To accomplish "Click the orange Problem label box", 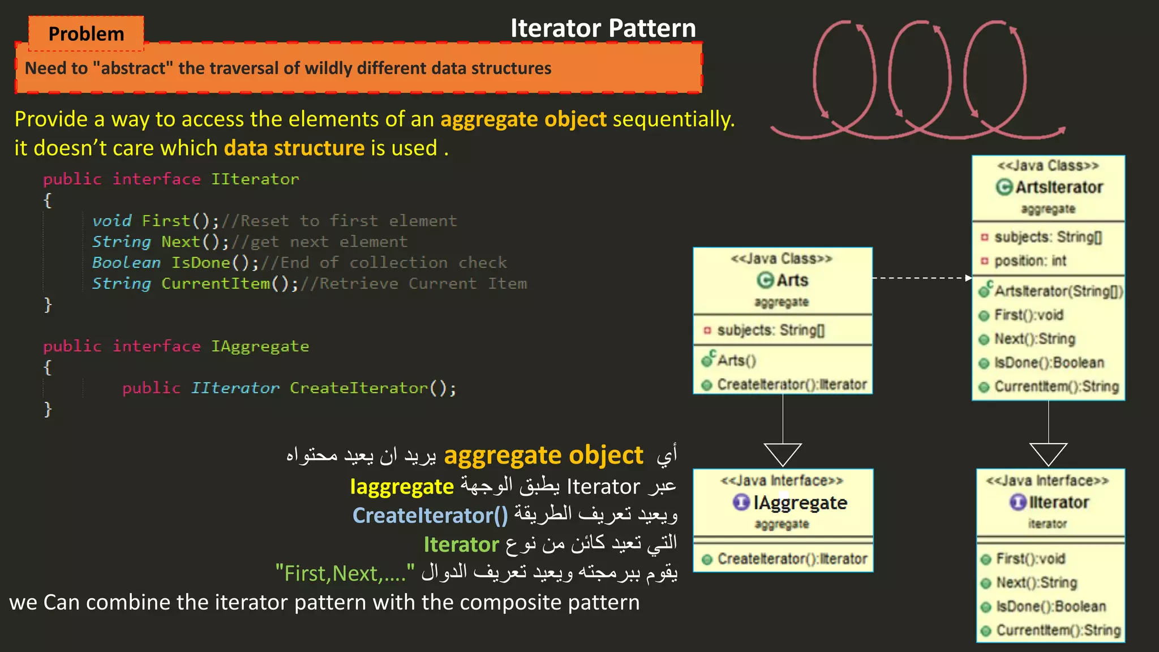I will pyautogui.click(x=86, y=33).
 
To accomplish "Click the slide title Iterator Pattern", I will pyautogui.click(x=603, y=28).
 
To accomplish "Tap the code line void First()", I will pyautogui.click(x=155, y=221).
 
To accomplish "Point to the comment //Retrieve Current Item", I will pyautogui.click(x=414, y=284).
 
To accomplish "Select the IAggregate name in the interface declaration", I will pyautogui.click(x=260, y=346).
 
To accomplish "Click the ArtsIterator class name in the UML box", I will pyautogui.click(x=1058, y=187).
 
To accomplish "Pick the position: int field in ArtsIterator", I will pyautogui.click(x=1030, y=261).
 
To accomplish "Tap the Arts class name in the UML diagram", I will pyautogui.click(x=792, y=280).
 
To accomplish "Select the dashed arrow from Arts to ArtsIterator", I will pyautogui.click(x=921, y=278).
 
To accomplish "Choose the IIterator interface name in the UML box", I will pyautogui.click(x=1058, y=502).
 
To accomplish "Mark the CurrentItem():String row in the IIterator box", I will pyautogui.click(x=1058, y=630).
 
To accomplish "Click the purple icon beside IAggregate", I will pyautogui.click(x=741, y=502).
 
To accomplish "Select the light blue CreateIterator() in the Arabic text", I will pyautogui.click(x=430, y=516).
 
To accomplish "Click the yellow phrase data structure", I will pyautogui.click(x=294, y=148).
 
